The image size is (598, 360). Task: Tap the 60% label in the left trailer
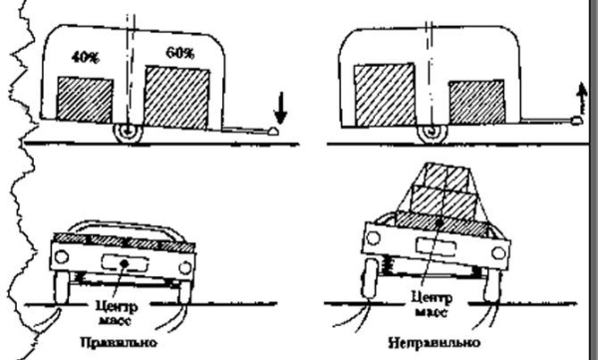(x=180, y=51)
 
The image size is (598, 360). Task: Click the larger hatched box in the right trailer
(x=383, y=95)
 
